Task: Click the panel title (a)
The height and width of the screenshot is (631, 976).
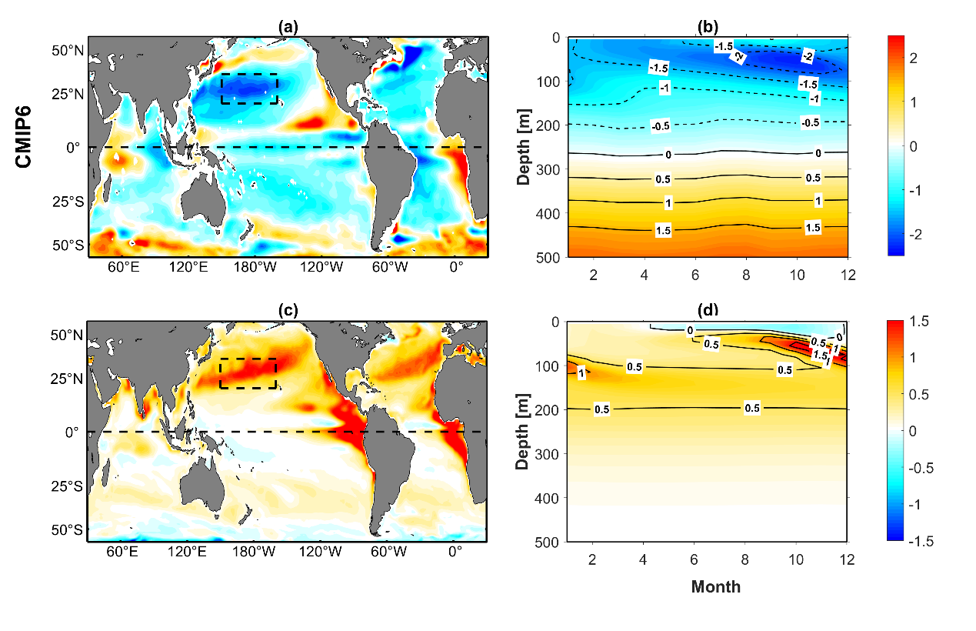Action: (288, 27)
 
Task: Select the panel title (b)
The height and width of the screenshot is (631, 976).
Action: (708, 27)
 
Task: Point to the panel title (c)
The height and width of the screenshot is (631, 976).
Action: (288, 311)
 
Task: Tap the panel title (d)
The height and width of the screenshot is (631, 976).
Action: (708, 311)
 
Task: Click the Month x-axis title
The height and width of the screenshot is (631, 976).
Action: (715, 587)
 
